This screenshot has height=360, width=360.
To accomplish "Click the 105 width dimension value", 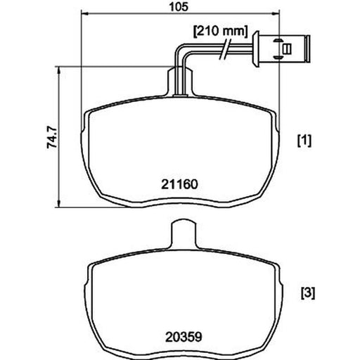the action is (x=179, y=7).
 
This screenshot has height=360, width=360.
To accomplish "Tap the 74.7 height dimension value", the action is (x=52, y=137).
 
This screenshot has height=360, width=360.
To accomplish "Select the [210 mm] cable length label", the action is (x=220, y=32).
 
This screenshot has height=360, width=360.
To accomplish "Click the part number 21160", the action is (x=179, y=184).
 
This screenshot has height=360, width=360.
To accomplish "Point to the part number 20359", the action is (x=184, y=337).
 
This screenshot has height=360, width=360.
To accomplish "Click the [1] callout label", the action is (x=304, y=141).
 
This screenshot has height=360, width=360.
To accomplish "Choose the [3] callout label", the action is (x=308, y=293).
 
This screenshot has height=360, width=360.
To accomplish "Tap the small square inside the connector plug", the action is (x=287, y=49).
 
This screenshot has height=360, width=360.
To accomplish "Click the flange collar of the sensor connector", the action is (x=257, y=49).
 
